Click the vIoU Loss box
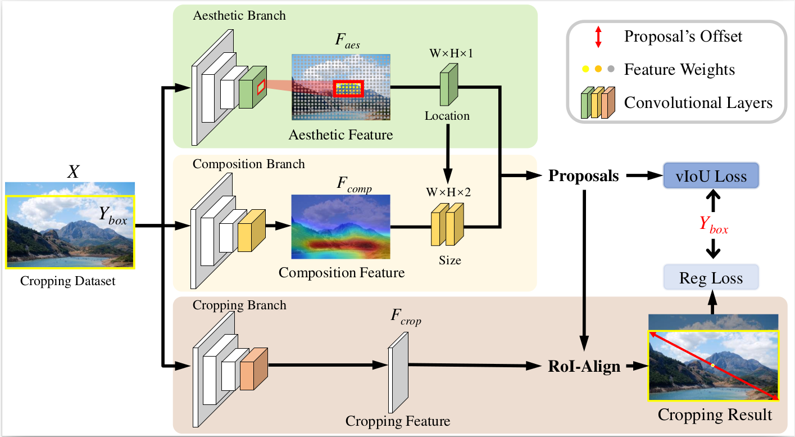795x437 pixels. click(x=711, y=175)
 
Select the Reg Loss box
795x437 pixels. click(x=711, y=277)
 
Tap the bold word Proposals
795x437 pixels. click(x=584, y=175)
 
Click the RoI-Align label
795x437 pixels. click(x=584, y=366)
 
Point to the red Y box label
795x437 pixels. click(x=714, y=225)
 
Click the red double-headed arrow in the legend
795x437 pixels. click(x=598, y=37)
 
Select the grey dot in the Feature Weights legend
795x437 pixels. click(x=611, y=69)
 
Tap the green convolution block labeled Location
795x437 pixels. click(x=448, y=84)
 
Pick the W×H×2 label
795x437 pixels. click(x=448, y=192)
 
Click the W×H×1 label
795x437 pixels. click(x=451, y=53)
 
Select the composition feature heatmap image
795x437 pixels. click(x=340, y=227)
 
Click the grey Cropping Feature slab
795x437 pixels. click(x=398, y=373)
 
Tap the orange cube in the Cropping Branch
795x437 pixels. click(x=254, y=369)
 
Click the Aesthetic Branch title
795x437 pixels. click(x=239, y=16)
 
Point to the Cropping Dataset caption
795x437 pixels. click(x=67, y=281)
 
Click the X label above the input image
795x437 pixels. click(x=73, y=172)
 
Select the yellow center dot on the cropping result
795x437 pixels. click(x=712, y=365)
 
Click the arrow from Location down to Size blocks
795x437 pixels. click(x=448, y=154)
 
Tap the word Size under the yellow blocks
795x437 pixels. click(x=449, y=260)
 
